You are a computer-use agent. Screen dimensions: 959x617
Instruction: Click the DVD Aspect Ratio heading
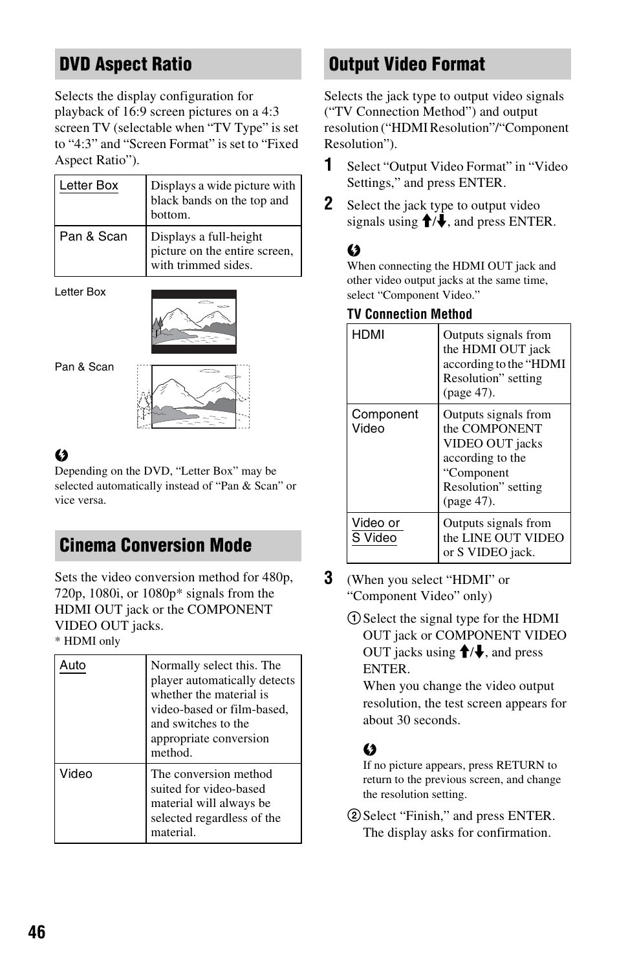click(x=125, y=64)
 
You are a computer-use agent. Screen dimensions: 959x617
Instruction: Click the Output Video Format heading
click(x=407, y=64)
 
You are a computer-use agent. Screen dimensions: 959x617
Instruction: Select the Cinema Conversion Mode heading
click(x=155, y=545)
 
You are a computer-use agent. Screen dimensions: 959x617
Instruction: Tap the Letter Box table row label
click(x=89, y=186)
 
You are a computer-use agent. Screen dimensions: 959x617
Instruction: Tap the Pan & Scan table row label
click(x=93, y=237)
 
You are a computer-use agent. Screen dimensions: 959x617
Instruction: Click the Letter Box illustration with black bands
click(x=193, y=321)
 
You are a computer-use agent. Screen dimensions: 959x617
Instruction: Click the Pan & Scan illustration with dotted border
click(x=193, y=396)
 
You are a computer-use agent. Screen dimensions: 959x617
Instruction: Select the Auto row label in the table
click(x=72, y=665)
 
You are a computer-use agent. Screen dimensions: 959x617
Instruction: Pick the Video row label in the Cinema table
click(x=76, y=774)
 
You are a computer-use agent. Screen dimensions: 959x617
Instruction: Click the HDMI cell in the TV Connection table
click(x=368, y=334)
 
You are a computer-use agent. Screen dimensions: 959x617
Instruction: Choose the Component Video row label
click(x=384, y=421)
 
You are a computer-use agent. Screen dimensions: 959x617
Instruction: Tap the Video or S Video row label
click(x=375, y=530)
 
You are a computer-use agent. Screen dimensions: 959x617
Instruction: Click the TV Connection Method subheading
click(x=409, y=314)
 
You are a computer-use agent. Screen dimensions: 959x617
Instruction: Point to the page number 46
click(x=37, y=932)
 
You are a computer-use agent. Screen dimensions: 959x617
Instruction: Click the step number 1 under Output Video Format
click(x=329, y=165)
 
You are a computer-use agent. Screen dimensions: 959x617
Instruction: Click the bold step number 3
click(x=329, y=578)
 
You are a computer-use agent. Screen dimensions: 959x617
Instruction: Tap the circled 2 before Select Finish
click(x=354, y=816)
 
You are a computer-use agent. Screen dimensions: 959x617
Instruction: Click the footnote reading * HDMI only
click(x=87, y=641)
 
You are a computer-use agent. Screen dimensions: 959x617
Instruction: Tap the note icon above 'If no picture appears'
click(x=369, y=749)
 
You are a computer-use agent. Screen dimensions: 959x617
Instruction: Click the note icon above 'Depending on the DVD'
click(x=61, y=455)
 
